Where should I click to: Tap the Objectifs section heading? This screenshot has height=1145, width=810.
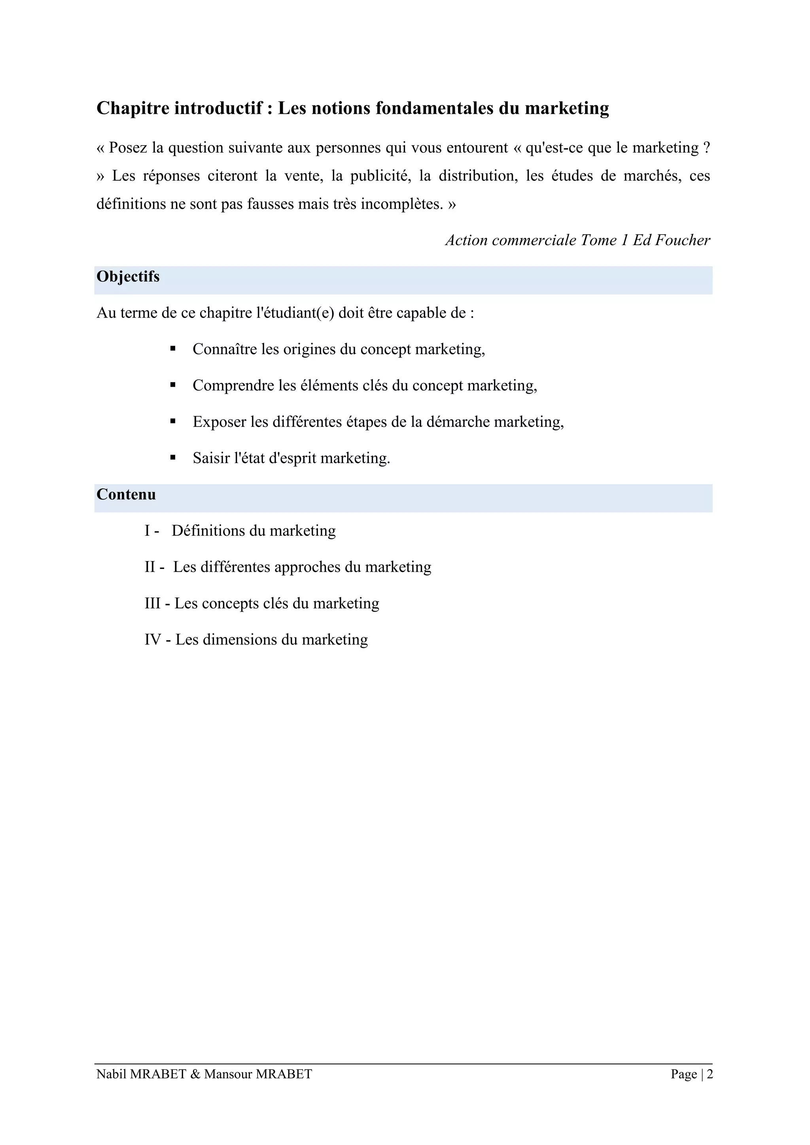pyautogui.click(x=128, y=277)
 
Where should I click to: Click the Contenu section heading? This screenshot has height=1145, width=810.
pyautogui.click(x=126, y=495)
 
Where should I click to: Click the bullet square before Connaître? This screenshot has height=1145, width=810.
pyautogui.click(x=173, y=349)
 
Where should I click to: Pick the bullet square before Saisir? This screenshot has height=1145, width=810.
pyautogui.click(x=173, y=457)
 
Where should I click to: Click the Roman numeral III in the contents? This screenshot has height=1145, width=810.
pyautogui.click(x=153, y=603)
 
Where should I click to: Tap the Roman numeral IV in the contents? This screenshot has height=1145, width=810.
pyautogui.click(x=153, y=640)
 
